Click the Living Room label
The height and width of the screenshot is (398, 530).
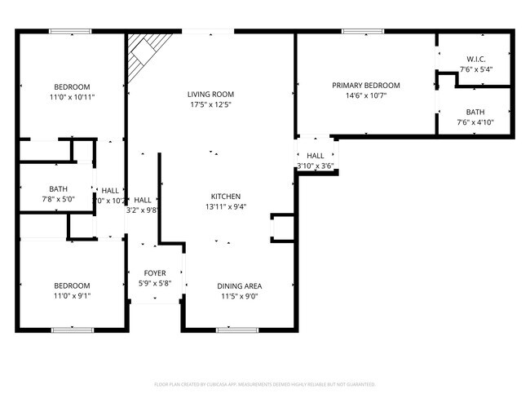[x=210, y=95]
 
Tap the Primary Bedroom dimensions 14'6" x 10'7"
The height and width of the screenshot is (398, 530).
[x=365, y=95]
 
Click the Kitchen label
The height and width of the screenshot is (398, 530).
[x=226, y=197]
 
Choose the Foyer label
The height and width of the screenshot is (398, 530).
[x=155, y=273]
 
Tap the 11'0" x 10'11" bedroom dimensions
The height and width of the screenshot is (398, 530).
[x=72, y=97]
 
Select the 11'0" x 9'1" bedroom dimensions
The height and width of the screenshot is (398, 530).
[x=72, y=295]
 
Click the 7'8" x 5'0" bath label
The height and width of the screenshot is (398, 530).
[x=58, y=188]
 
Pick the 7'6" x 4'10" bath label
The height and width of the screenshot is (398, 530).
[x=475, y=112]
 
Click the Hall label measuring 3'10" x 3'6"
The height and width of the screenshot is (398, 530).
[x=315, y=156]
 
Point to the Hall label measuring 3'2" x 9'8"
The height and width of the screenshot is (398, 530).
[x=142, y=200]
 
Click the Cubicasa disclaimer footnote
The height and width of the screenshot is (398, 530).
[x=265, y=383]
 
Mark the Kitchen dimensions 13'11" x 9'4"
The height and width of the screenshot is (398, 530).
[x=226, y=207]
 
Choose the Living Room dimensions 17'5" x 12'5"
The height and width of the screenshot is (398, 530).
[x=210, y=105]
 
